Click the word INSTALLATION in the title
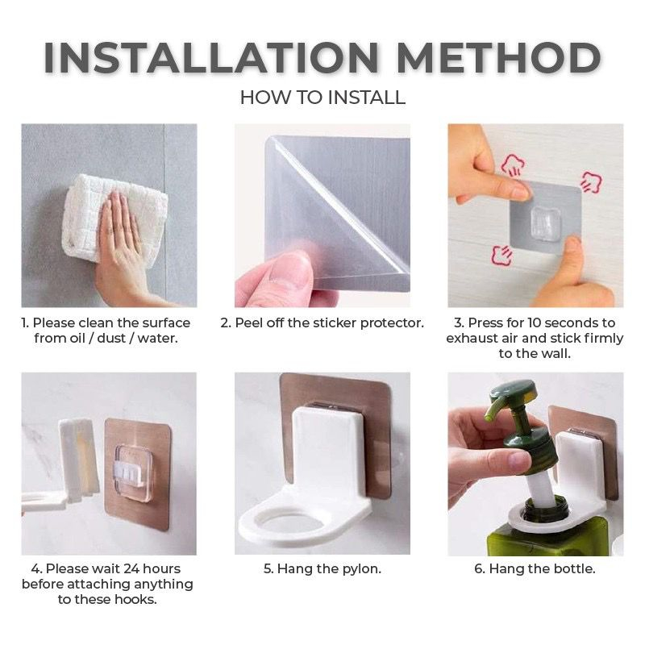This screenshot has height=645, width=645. click(x=211, y=56)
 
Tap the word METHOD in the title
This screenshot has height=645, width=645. click(x=498, y=56)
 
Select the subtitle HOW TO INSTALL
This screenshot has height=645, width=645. click(x=322, y=98)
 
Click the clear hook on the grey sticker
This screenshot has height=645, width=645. click(x=546, y=223)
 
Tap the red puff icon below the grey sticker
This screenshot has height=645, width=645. click(x=502, y=255)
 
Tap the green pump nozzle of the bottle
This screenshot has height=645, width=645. click(x=497, y=407)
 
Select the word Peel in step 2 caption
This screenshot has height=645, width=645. click(x=249, y=322)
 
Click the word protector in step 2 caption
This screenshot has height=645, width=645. click(x=392, y=323)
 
